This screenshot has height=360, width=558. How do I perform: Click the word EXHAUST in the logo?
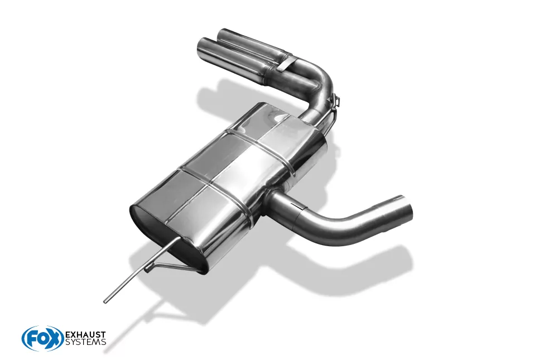click(x=86, y=335)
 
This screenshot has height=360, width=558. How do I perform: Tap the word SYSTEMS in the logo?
click(x=86, y=342)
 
